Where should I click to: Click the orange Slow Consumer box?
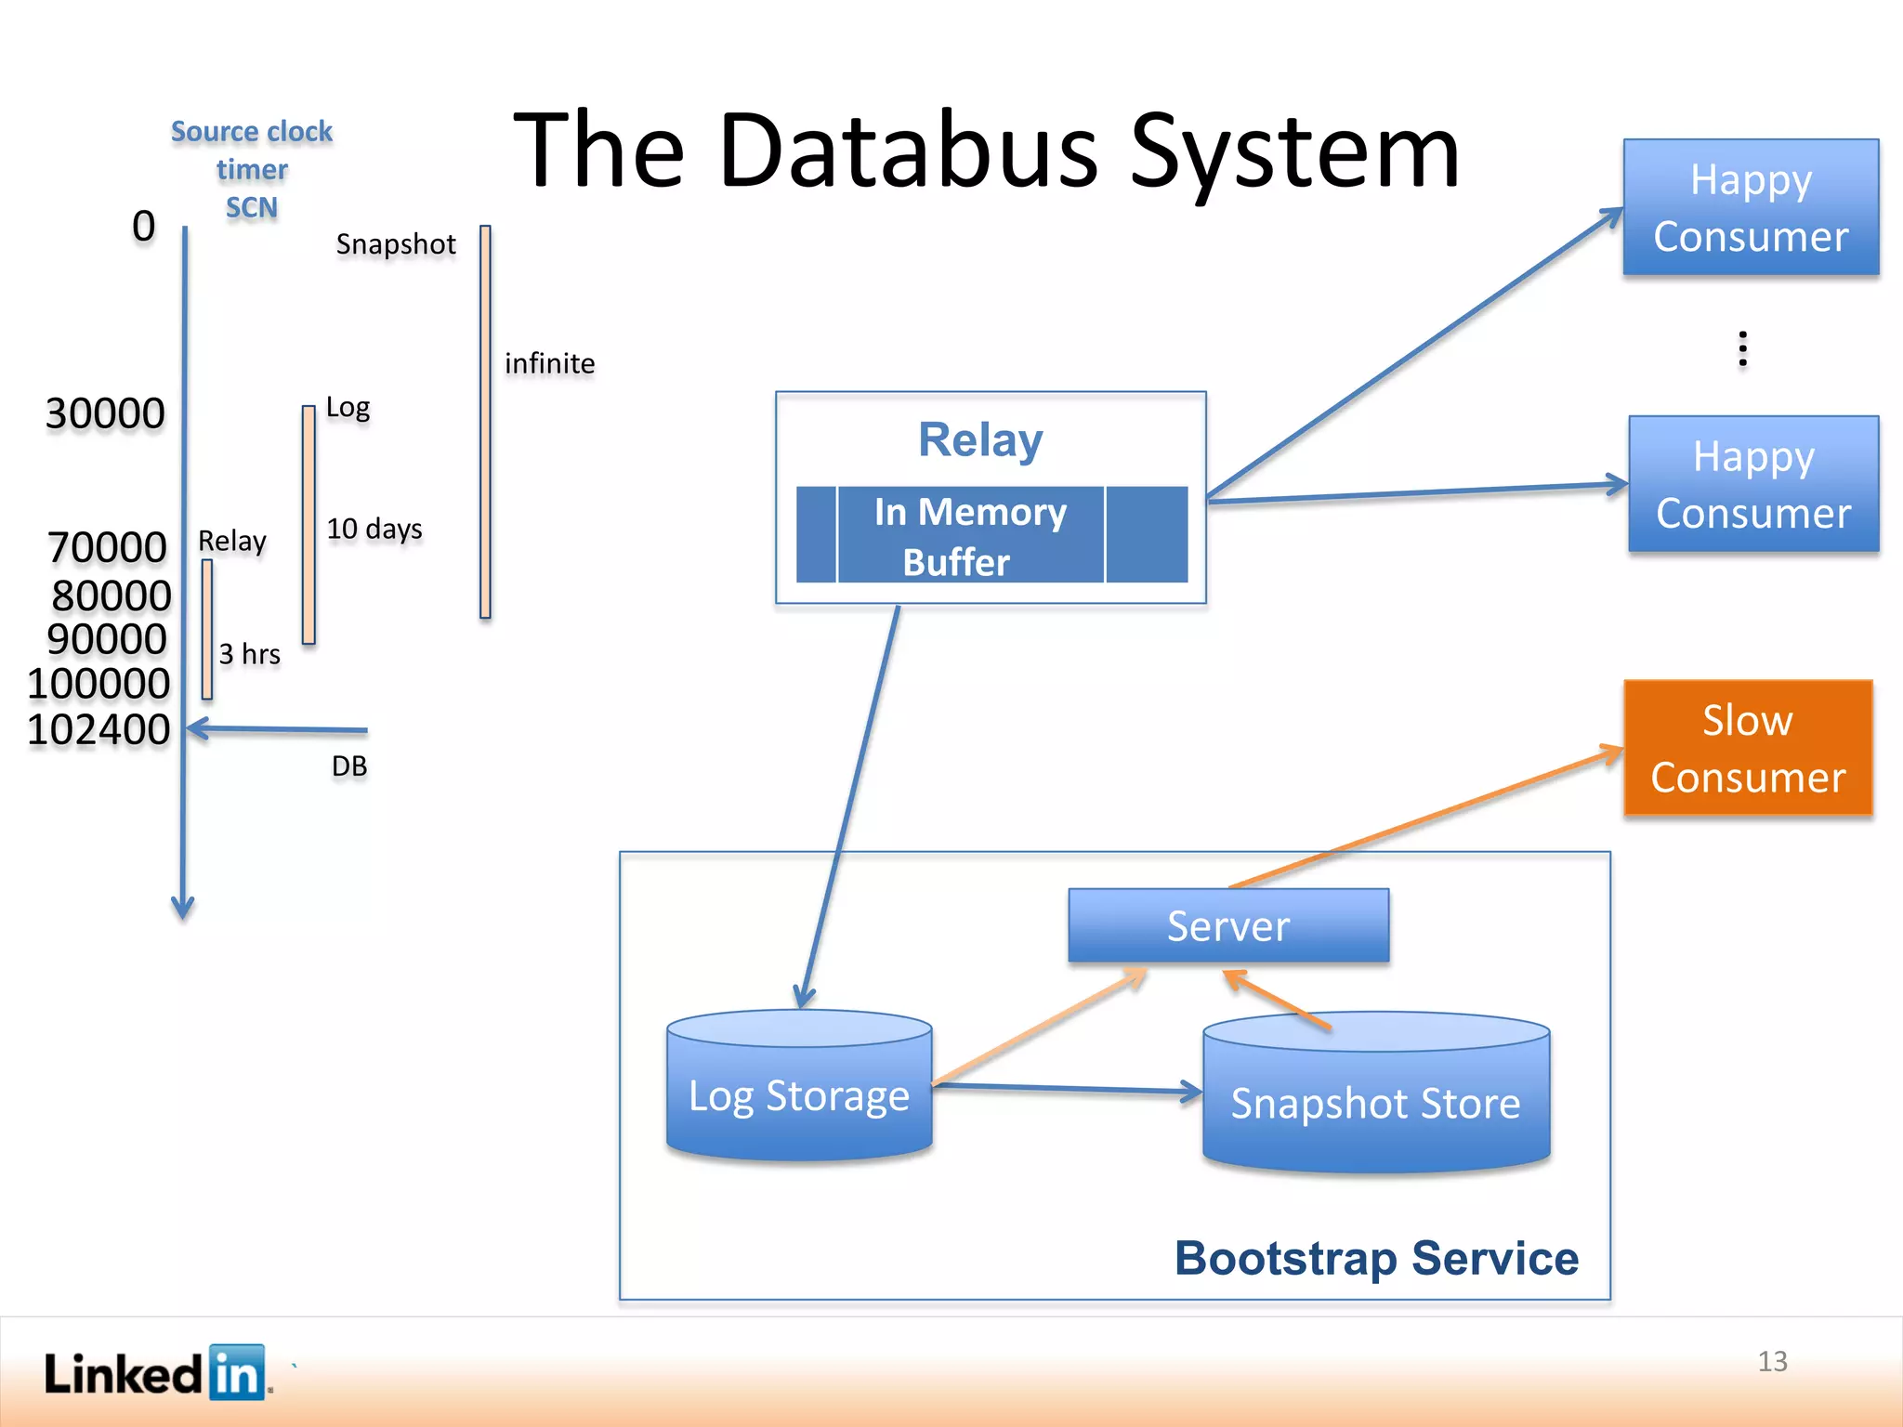point(1747,748)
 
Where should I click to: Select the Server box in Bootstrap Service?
point(1227,925)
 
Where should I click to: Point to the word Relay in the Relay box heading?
point(980,439)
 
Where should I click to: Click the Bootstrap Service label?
point(1376,1258)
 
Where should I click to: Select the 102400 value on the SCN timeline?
point(98,729)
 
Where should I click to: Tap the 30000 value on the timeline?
point(105,413)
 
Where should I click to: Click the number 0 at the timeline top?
point(143,226)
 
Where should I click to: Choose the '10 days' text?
point(374,529)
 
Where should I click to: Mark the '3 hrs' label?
point(249,654)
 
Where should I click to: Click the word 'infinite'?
point(549,363)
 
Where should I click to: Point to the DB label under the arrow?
point(349,766)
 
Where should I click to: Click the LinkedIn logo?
point(156,1372)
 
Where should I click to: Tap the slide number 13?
point(1772,1361)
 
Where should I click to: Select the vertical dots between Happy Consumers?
point(1742,348)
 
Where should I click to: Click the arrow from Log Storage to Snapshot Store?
point(1069,1088)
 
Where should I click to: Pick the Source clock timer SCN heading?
point(252,169)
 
